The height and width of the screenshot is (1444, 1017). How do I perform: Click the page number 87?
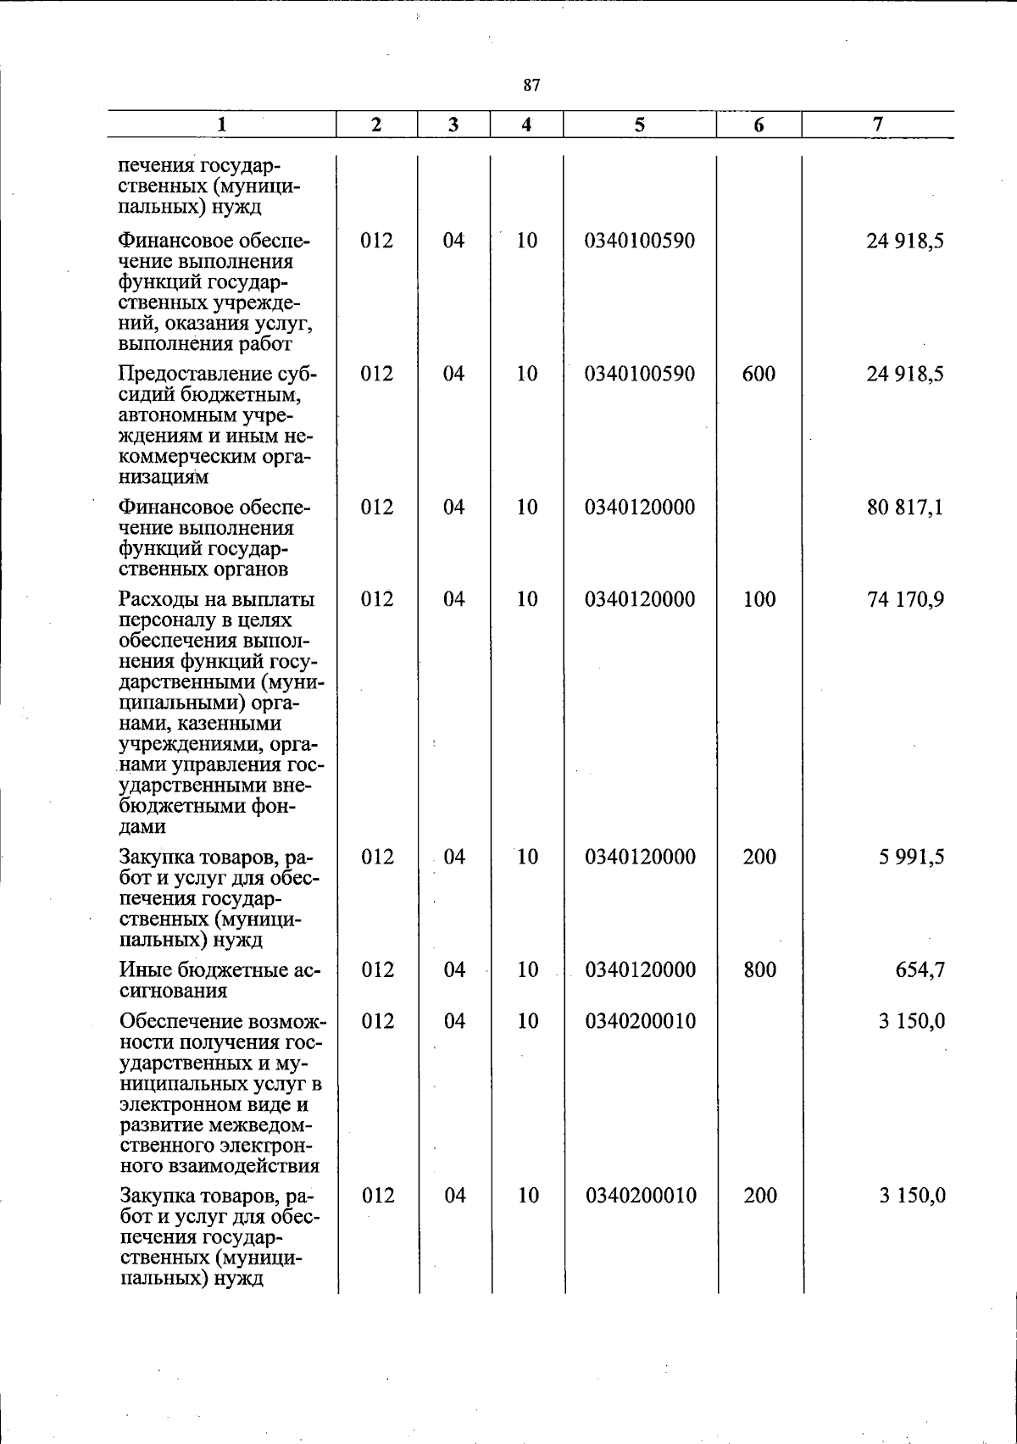point(531,85)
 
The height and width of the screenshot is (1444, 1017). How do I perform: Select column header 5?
point(639,125)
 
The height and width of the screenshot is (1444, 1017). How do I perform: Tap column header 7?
point(878,124)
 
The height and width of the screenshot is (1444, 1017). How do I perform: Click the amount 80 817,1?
point(905,508)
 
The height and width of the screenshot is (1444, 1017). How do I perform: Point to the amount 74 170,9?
point(905,600)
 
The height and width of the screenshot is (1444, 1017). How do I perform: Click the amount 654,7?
point(920,969)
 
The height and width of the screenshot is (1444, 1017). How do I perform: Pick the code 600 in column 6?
point(759,374)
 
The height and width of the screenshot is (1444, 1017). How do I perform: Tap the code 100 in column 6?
point(759,600)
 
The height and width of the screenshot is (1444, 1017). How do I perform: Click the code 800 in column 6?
point(759,969)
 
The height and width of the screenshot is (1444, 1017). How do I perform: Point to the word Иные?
point(143,969)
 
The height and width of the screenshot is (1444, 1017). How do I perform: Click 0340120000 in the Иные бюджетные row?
point(640,969)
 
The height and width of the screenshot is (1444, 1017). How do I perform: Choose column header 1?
point(221,125)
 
